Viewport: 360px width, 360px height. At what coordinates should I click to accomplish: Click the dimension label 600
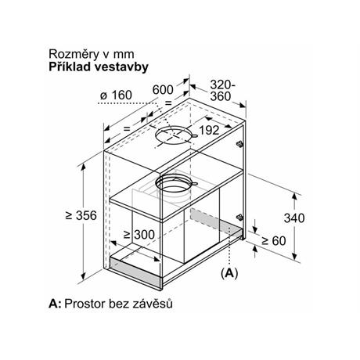click(163, 90)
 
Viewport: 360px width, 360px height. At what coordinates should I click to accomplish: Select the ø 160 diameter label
click(116, 95)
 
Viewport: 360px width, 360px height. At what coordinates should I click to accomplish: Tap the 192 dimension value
click(209, 130)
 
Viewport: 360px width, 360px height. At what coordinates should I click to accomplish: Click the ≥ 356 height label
click(81, 215)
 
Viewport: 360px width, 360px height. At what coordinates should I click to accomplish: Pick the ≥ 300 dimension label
click(139, 235)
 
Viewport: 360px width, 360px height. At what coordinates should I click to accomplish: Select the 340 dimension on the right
click(294, 218)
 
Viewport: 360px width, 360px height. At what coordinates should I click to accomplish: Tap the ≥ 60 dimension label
click(274, 241)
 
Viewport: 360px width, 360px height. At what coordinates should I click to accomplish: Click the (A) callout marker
click(229, 273)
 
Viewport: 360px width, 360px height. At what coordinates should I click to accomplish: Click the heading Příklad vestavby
click(99, 67)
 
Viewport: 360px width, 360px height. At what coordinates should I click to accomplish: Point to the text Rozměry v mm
click(92, 54)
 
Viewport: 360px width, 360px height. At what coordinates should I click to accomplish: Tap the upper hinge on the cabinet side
click(239, 144)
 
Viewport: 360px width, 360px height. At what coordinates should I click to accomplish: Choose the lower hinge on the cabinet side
click(239, 217)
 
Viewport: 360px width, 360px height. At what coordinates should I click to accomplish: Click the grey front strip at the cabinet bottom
click(135, 272)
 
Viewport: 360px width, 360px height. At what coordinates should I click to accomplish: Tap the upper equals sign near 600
click(168, 103)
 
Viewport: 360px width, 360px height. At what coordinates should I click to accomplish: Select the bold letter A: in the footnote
click(55, 304)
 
